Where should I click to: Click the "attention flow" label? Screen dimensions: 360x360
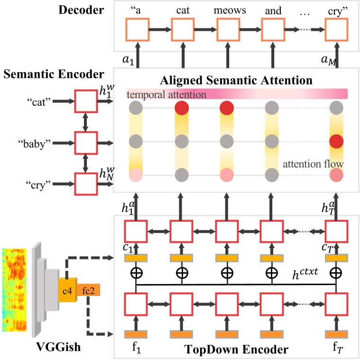click(314, 164)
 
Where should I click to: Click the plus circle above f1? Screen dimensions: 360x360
click(136, 273)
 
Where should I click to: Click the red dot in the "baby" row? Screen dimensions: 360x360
click(336, 141)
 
